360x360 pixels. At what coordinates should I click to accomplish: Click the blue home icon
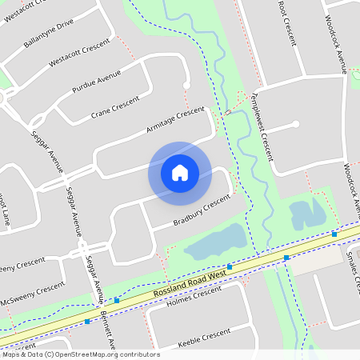pos(180,172)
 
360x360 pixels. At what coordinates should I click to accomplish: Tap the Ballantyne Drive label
pos(49,33)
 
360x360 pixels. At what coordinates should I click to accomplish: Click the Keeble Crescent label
pos(203,334)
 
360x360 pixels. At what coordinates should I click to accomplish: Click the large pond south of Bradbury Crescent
pos(214,240)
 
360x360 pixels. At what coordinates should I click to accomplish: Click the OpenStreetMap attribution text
pos(80,354)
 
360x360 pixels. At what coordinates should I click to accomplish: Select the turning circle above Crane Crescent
pos(186,85)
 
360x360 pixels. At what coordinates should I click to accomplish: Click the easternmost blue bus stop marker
pos(334,234)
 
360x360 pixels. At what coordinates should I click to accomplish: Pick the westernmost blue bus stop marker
pos(87,322)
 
